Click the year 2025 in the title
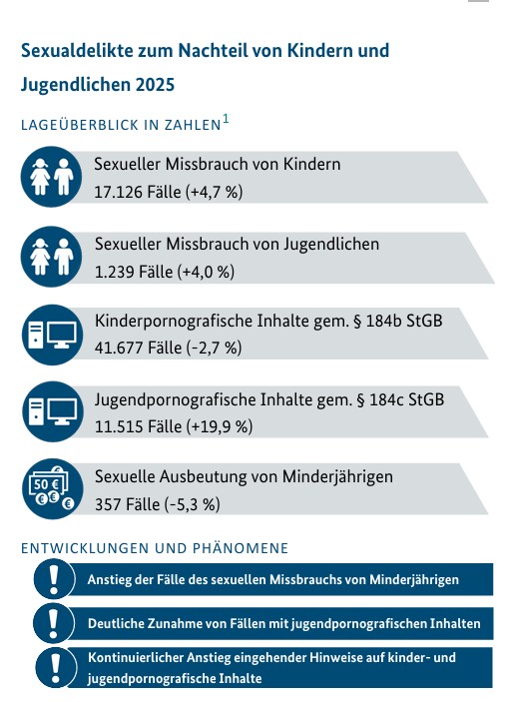[155, 84]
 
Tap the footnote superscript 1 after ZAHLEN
[226, 119]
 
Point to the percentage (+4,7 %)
[217, 193]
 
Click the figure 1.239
[114, 272]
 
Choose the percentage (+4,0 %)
[207, 273]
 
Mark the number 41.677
[119, 348]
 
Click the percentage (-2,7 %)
[216, 349]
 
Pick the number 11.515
[119, 426]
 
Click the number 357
[108, 504]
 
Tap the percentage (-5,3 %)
[193, 505]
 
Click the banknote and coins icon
[52, 489]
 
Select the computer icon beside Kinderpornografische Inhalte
[52, 335]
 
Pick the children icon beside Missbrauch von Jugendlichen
[52, 257]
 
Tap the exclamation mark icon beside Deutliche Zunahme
[54, 623]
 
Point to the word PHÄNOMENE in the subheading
[241, 548]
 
